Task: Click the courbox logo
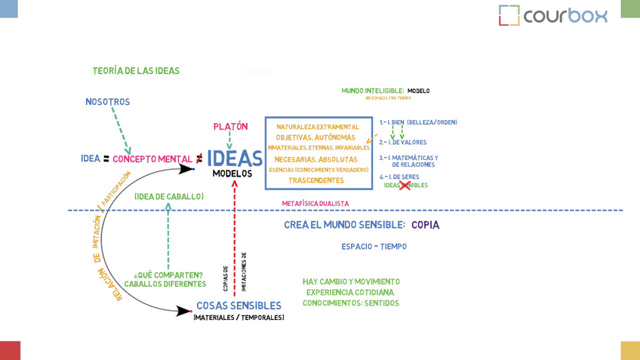[x=553, y=15]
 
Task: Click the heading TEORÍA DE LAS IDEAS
[x=136, y=71]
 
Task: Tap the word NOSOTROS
[x=107, y=102]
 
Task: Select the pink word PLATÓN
[x=230, y=127]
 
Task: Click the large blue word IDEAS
[x=235, y=158]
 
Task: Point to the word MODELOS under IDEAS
[x=232, y=174]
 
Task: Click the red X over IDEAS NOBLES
[x=405, y=185]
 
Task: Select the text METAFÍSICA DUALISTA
[x=315, y=204]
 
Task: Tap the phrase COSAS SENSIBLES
[x=238, y=306]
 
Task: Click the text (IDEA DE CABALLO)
[x=169, y=197]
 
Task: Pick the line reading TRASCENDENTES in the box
[x=316, y=180]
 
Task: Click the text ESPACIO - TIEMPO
[x=374, y=247]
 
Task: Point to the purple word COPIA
[x=426, y=225]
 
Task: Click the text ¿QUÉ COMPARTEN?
[x=168, y=275]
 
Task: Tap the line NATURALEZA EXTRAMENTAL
[x=318, y=127]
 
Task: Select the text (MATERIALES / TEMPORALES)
[x=238, y=318]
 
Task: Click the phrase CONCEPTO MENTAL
[x=152, y=159]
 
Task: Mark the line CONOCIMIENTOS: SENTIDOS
[x=351, y=303]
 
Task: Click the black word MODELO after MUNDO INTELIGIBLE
[x=419, y=91]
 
